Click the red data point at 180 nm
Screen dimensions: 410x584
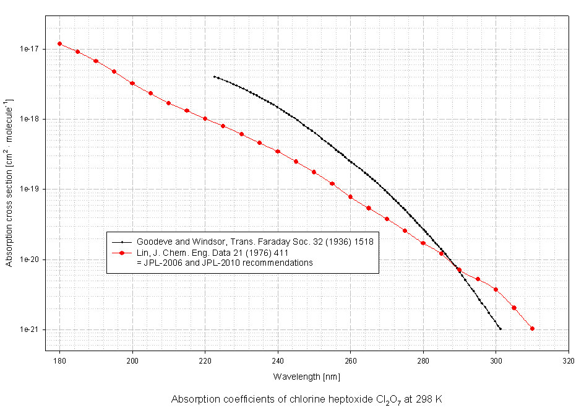tap(59, 44)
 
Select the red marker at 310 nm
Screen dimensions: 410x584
tap(532, 329)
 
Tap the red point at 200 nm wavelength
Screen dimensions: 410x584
tap(132, 83)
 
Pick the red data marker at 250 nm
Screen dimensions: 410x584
tap(314, 172)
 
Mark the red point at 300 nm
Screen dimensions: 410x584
tap(496, 289)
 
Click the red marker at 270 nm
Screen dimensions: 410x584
tap(387, 219)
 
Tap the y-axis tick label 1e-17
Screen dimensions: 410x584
tap(30, 49)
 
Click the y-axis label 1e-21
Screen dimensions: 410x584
tap(30, 329)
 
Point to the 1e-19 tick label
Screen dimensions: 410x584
tap(30, 189)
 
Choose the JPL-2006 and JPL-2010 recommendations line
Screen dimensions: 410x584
tap(225, 263)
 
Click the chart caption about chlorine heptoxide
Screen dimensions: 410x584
tap(307, 399)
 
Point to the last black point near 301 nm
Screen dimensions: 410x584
tap(500, 329)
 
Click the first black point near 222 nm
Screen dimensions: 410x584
tap(214, 77)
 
